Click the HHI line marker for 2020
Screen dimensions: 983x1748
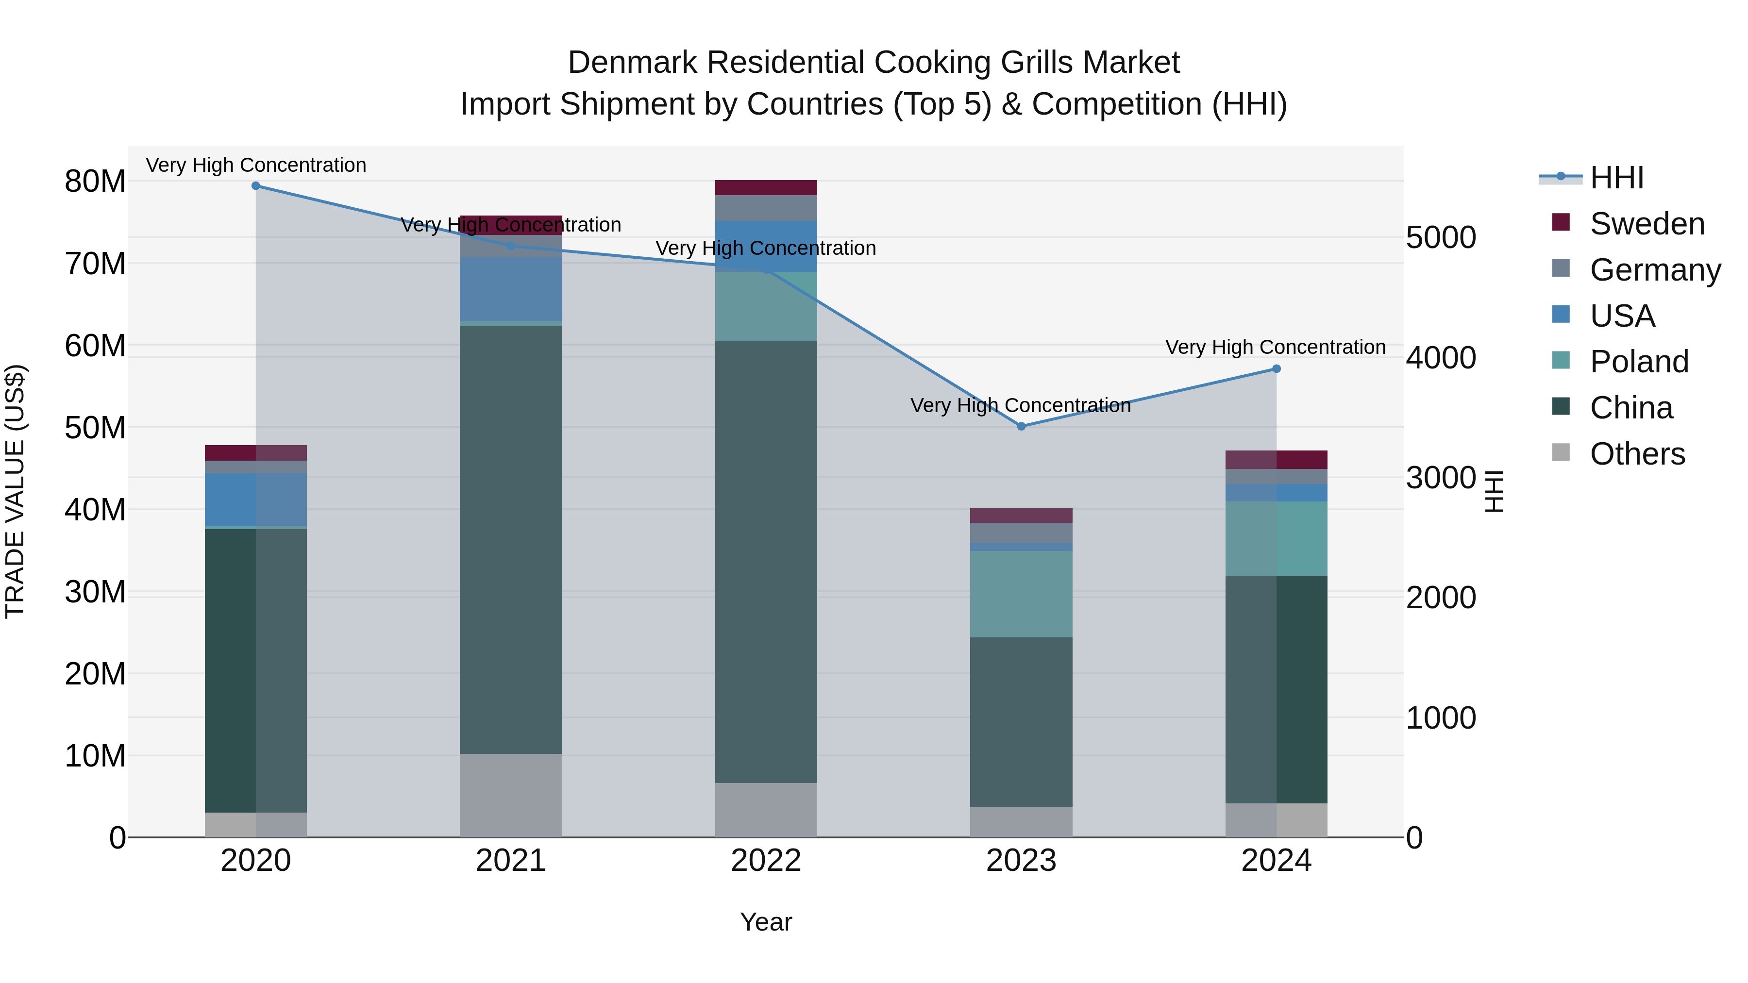(256, 186)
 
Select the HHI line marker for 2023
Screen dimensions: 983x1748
(1021, 426)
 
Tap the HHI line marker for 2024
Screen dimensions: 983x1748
(1277, 369)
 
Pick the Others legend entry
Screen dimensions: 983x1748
(1637, 454)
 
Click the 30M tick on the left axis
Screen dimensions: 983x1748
(95, 592)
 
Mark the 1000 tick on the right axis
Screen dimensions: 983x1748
(1441, 718)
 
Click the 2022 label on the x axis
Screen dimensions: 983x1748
(766, 861)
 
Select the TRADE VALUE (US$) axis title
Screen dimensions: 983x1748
(15, 491)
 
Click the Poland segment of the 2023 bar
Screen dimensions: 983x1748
(1021, 594)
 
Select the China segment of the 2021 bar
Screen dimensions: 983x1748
(511, 539)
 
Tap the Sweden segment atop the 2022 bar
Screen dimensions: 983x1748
(766, 188)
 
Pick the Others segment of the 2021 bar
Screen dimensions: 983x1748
(511, 795)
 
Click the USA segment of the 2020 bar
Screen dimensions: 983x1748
(256, 500)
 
